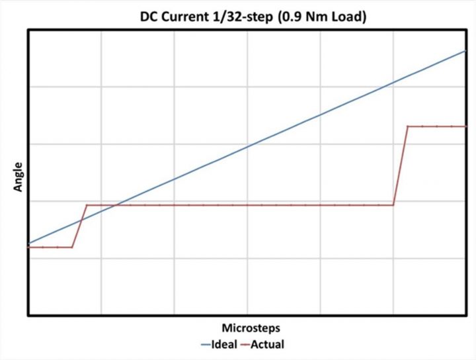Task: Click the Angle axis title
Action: [x=18, y=177]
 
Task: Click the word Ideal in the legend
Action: [x=224, y=344]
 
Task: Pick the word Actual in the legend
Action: [x=271, y=344]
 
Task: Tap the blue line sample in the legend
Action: [x=202, y=344]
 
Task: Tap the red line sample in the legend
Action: [x=247, y=344]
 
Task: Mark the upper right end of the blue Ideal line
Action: [x=466, y=50]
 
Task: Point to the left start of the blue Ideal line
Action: [x=28, y=244]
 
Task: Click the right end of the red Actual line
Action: [x=466, y=126]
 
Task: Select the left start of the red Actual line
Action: [x=28, y=247]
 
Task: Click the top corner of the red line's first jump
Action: [x=87, y=205]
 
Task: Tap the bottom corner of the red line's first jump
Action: [x=72, y=247]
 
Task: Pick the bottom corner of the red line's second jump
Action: [x=393, y=205]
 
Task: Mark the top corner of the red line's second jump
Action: [x=408, y=126]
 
